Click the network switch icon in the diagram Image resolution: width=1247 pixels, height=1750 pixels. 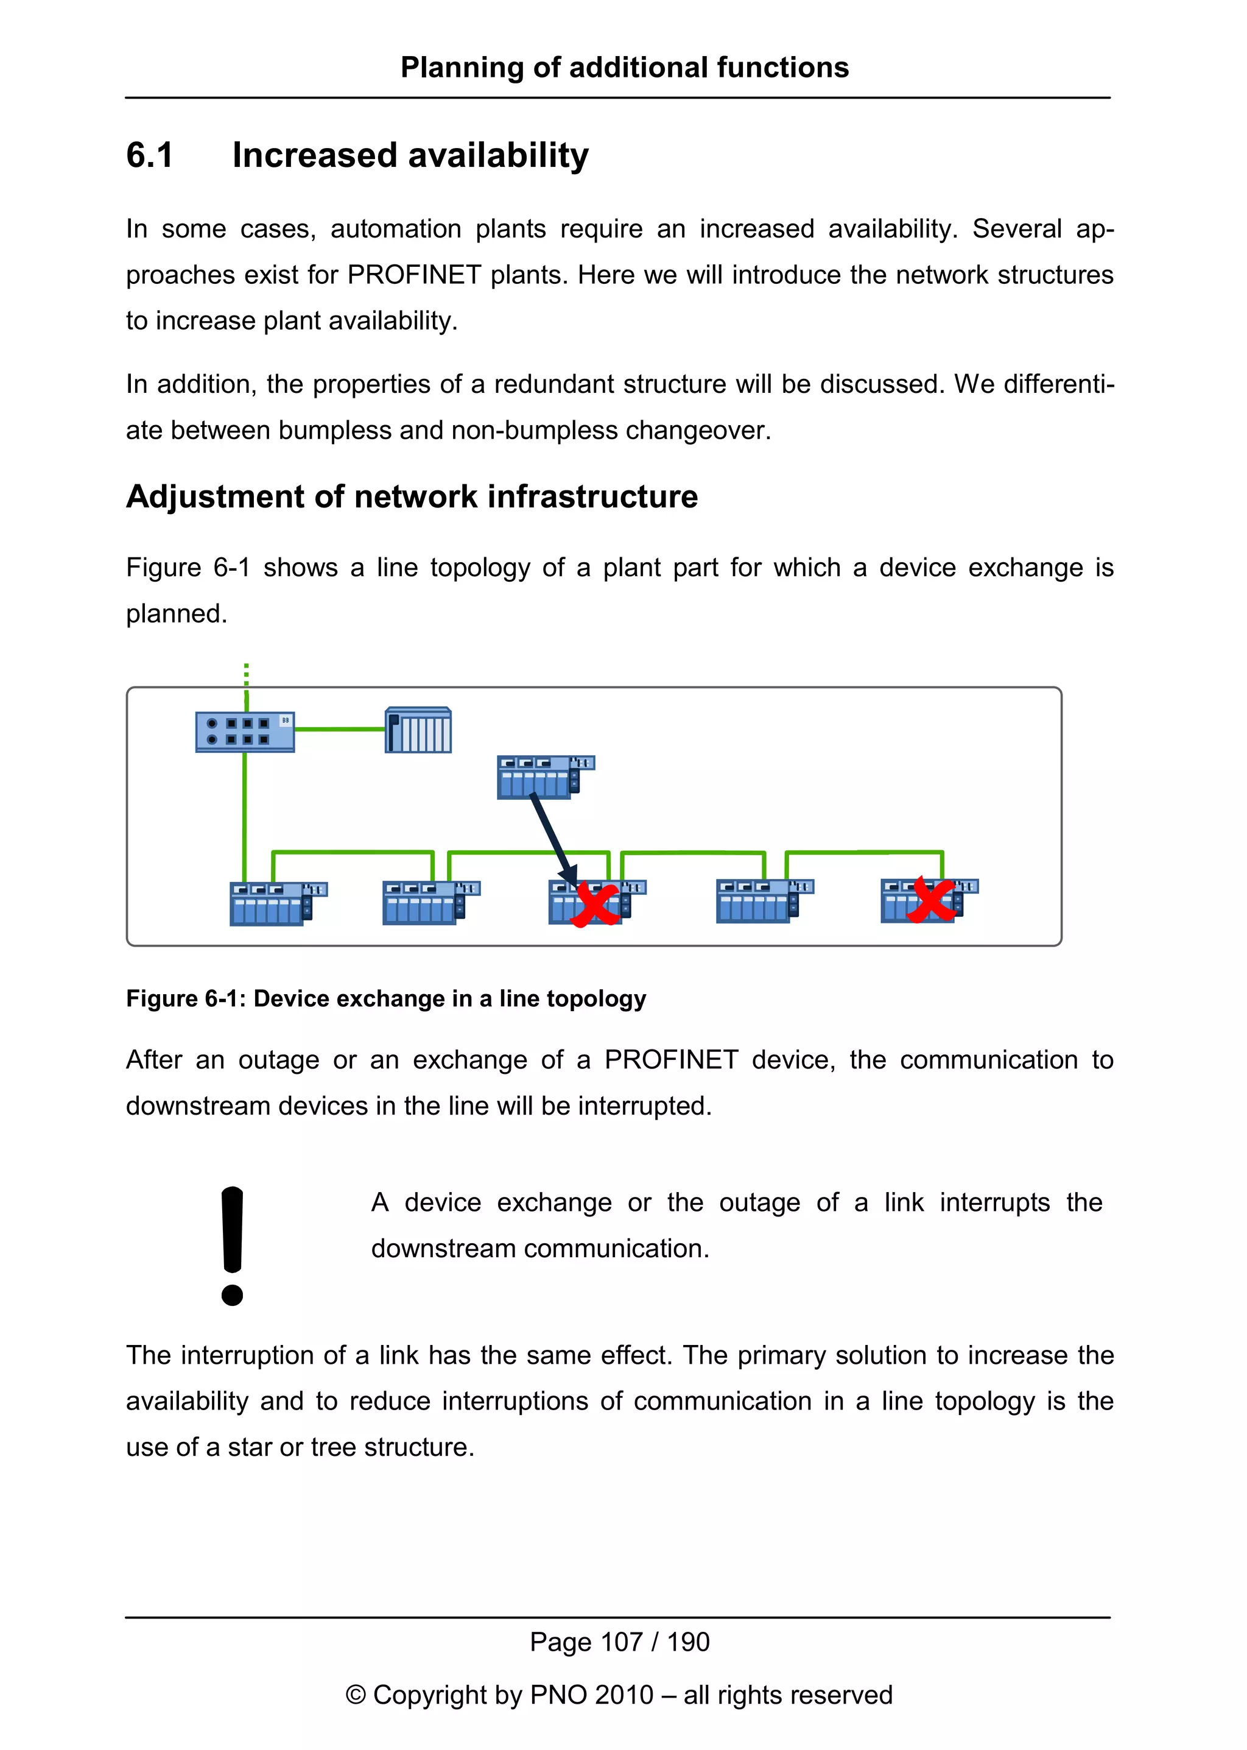pos(245,732)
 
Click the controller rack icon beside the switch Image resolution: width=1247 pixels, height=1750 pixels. pos(418,730)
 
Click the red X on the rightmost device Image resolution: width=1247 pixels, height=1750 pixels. pos(930,901)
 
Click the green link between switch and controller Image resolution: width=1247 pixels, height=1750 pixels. pos(339,729)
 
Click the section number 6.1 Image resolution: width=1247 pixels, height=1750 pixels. pos(150,155)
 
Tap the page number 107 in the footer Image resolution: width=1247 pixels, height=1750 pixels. pos(620,1642)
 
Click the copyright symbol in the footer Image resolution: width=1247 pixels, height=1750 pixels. pos(355,1695)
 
